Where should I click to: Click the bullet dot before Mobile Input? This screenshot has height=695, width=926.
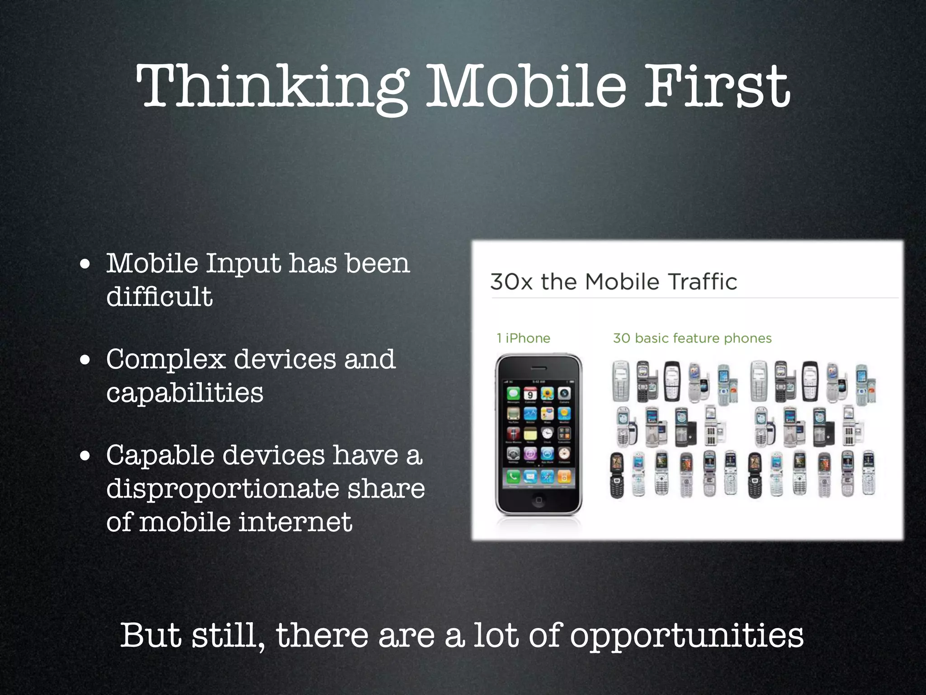coord(85,264)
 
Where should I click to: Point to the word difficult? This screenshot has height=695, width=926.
coord(159,297)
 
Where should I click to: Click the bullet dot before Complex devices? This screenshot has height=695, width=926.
coord(85,361)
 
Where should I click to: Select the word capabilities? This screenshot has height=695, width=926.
coord(184,392)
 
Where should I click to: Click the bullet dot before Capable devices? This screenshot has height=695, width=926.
coord(85,457)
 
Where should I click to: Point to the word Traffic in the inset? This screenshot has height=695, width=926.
coord(702,282)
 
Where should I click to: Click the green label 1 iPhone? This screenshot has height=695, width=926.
coord(523,338)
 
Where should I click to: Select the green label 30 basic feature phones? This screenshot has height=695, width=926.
coord(692,338)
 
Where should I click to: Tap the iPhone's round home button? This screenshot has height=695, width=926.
coord(539,500)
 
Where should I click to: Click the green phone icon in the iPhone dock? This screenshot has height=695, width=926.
coord(513,476)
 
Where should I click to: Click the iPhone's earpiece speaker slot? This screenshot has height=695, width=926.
coord(539,368)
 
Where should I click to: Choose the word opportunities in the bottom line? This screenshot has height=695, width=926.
coord(686,636)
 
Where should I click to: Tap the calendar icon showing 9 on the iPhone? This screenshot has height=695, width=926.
coord(530,394)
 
